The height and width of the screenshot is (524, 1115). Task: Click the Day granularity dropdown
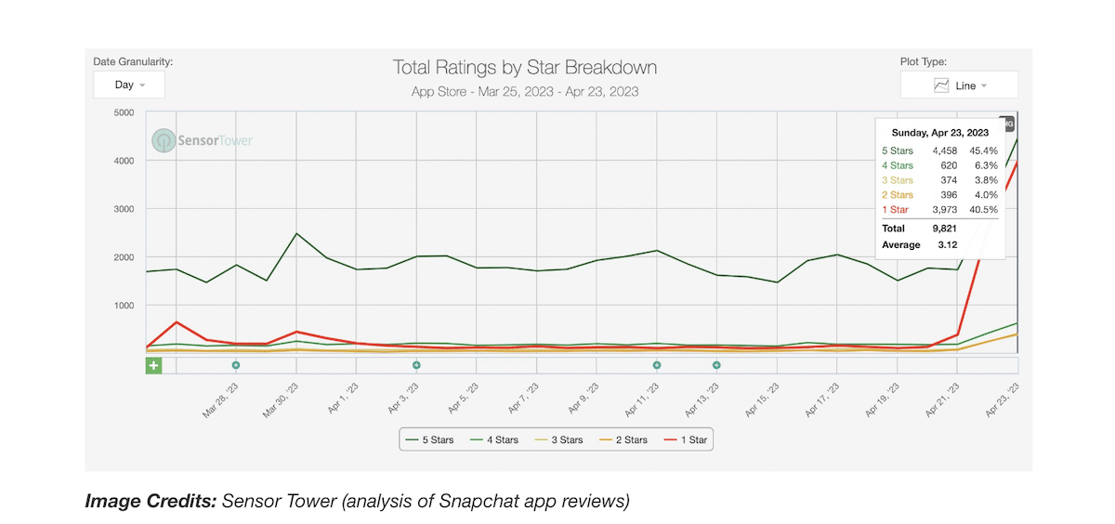click(x=129, y=85)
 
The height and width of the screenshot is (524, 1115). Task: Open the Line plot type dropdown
click(x=959, y=85)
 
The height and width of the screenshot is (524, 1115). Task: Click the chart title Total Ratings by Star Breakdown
click(x=525, y=68)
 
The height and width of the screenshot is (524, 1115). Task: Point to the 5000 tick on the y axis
click(x=123, y=112)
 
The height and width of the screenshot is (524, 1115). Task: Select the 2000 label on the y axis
click(x=123, y=257)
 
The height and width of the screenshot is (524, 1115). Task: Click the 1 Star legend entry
click(x=687, y=439)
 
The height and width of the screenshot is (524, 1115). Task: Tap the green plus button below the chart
click(x=153, y=365)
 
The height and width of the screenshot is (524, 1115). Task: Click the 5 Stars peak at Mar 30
click(x=296, y=233)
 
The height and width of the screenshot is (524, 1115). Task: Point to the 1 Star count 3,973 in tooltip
click(x=931, y=210)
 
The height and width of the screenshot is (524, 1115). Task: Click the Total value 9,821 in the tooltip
click(x=931, y=229)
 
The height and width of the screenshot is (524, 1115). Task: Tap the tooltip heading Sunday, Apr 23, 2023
click(x=938, y=133)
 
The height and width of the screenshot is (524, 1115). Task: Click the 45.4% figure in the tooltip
click(x=983, y=151)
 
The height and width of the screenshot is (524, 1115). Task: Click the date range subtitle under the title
click(x=525, y=92)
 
